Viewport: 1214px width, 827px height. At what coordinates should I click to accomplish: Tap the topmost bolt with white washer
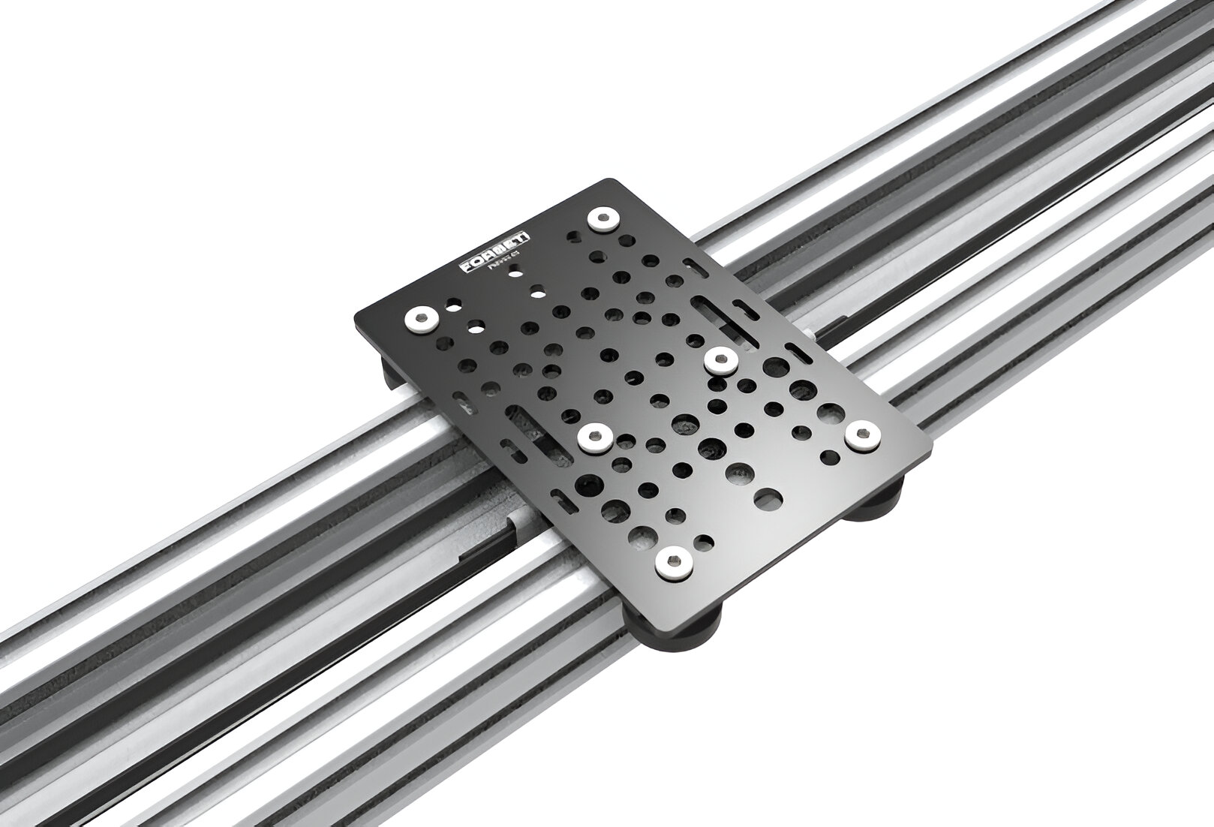pos(602,220)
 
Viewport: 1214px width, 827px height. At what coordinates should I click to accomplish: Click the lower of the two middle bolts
pos(596,437)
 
